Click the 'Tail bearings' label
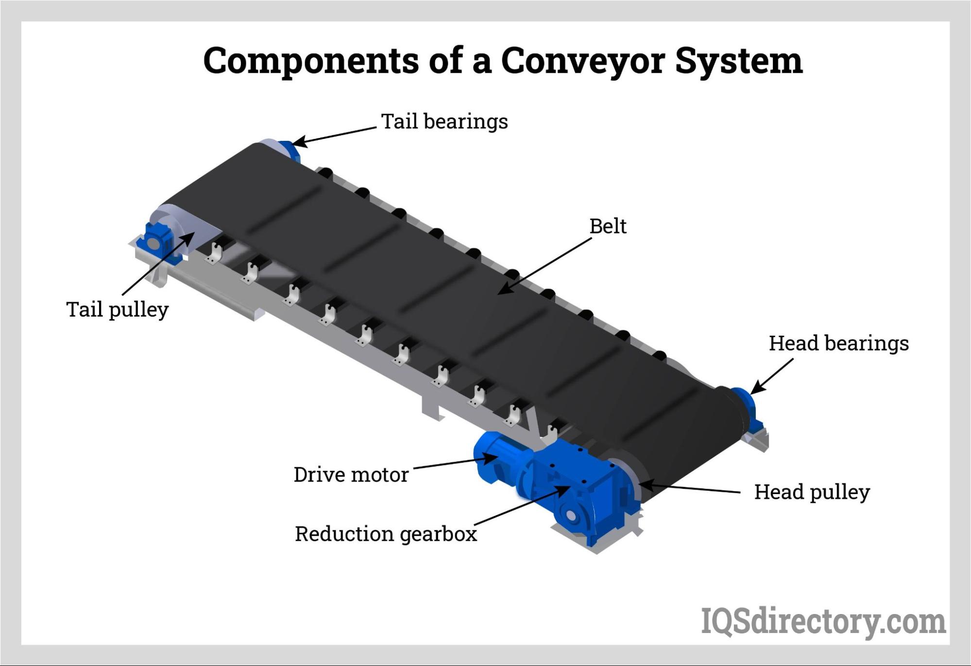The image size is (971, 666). tap(444, 121)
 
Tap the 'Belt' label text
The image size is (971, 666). tap(608, 226)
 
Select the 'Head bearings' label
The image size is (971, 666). tap(838, 343)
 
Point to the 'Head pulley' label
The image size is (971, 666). tap(812, 492)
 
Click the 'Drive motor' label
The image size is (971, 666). tap(351, 475)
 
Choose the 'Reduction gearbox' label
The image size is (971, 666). tap(386, 534)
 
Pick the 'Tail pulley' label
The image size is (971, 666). tap(117, 309)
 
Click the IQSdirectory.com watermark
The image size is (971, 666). tap(823, 621)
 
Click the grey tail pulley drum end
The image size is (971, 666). tap(175, 223)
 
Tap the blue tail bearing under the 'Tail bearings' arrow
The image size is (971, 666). tap(290, 148)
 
